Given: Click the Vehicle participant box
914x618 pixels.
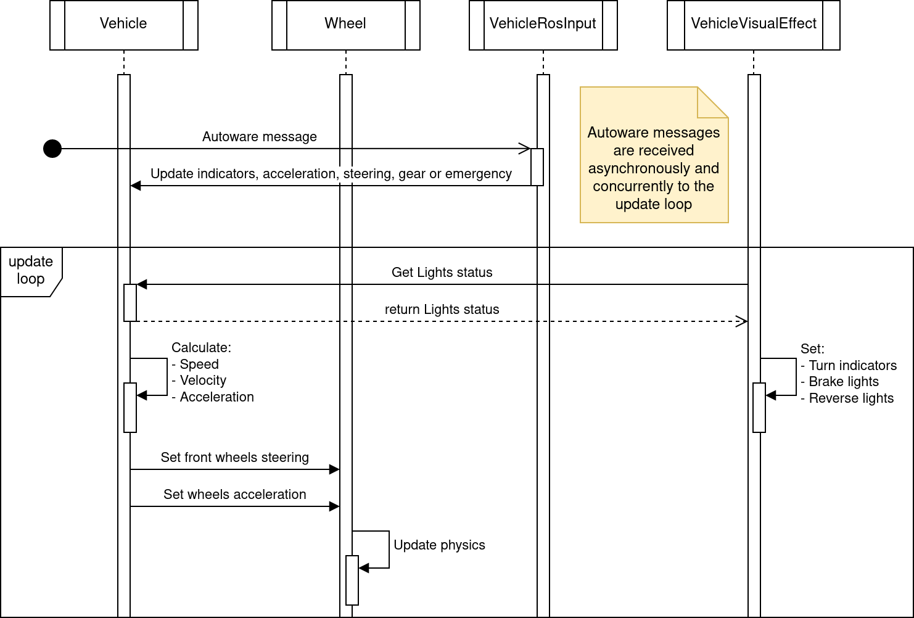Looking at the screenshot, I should coord(123,25).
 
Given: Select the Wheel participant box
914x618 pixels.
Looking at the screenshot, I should coord(345,25).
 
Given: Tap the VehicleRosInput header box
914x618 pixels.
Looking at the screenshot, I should coord(543,25).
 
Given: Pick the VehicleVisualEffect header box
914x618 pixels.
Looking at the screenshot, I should coord(753,25).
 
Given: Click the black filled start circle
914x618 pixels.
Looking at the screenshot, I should coord(52,149).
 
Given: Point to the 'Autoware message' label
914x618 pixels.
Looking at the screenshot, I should coord(259,137).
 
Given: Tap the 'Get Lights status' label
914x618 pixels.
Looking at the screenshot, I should coord(442,273).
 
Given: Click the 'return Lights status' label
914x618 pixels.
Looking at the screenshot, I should coord(442,310).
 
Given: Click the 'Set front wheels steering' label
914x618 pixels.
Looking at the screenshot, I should coord(234,458).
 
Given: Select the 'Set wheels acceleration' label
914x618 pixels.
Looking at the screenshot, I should coord(234,495).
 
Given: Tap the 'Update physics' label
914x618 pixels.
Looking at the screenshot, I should coord(439,545).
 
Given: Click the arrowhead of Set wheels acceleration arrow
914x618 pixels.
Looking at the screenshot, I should coord(334,506).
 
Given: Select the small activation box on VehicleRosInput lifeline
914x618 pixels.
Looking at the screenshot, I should coord(537,167).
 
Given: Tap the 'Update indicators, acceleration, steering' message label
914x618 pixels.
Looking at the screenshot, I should coord(331,174).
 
